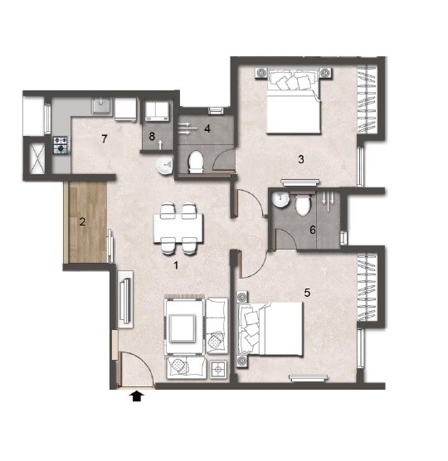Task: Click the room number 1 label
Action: click(x=176, y=265)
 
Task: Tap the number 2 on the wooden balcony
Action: click(x=82, y=221)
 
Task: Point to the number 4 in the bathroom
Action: click(x=207, y=129)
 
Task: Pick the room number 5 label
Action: click(x=306, y=292)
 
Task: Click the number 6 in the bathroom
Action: click(x=313, y=230)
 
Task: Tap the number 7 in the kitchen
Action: click(x=105, y=138)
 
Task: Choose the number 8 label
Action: click(x=153, y=136)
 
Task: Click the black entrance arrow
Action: click(x=137, y=398)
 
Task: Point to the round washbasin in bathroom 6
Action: click(x=282, y=201)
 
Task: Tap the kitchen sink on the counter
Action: click(x=100, y=107)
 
